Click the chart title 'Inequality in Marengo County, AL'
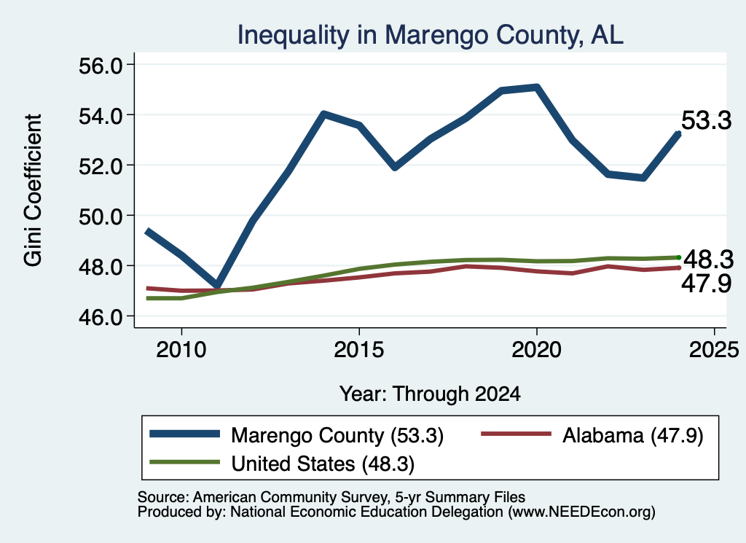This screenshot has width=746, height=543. coord(430,35)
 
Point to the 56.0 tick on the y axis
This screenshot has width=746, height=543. coord(101,65)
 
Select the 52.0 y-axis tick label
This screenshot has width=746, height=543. coord(101,165)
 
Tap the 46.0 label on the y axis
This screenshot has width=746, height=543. coord(101,316)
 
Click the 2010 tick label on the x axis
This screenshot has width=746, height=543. coord(181,350)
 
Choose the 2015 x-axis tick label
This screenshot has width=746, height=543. coord(358,350)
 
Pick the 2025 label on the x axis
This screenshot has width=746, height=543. coord(714,350)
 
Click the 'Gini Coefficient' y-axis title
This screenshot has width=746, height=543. coord(34,190)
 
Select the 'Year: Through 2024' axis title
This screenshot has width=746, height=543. coord(430,394)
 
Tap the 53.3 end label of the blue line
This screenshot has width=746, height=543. coord(706,120)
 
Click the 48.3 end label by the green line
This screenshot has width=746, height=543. coord(708,260)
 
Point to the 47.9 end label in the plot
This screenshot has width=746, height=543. coord(706,284)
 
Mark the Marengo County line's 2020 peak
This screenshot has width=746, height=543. coord(537,87)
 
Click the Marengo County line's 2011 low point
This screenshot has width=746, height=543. coord(217,286)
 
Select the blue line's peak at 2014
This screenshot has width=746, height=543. coord(323,114)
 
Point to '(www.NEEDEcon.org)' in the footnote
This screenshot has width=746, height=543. coord(582,512)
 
